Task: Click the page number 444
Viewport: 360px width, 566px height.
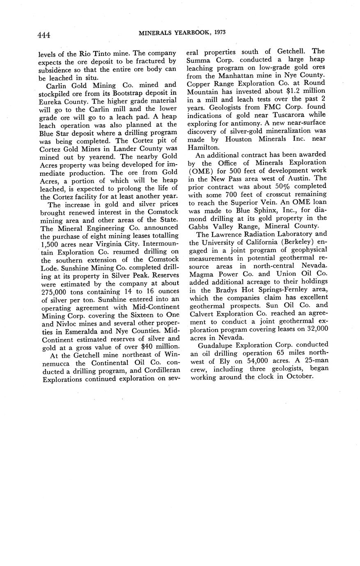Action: (x=44, y=35)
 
